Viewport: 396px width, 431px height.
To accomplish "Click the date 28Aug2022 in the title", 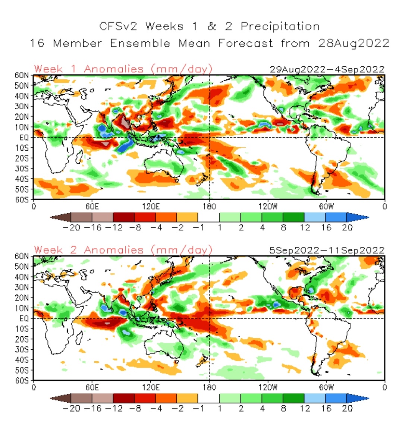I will (353, 43).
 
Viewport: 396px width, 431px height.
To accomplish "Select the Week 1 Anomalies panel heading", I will (123, 69).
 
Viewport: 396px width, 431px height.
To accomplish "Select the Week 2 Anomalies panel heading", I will (123, 250).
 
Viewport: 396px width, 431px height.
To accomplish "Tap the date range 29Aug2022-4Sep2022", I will (327, 70).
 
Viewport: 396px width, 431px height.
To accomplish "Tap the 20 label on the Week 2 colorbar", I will (347, 408).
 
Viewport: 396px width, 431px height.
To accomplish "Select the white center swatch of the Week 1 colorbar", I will (208, 217).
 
